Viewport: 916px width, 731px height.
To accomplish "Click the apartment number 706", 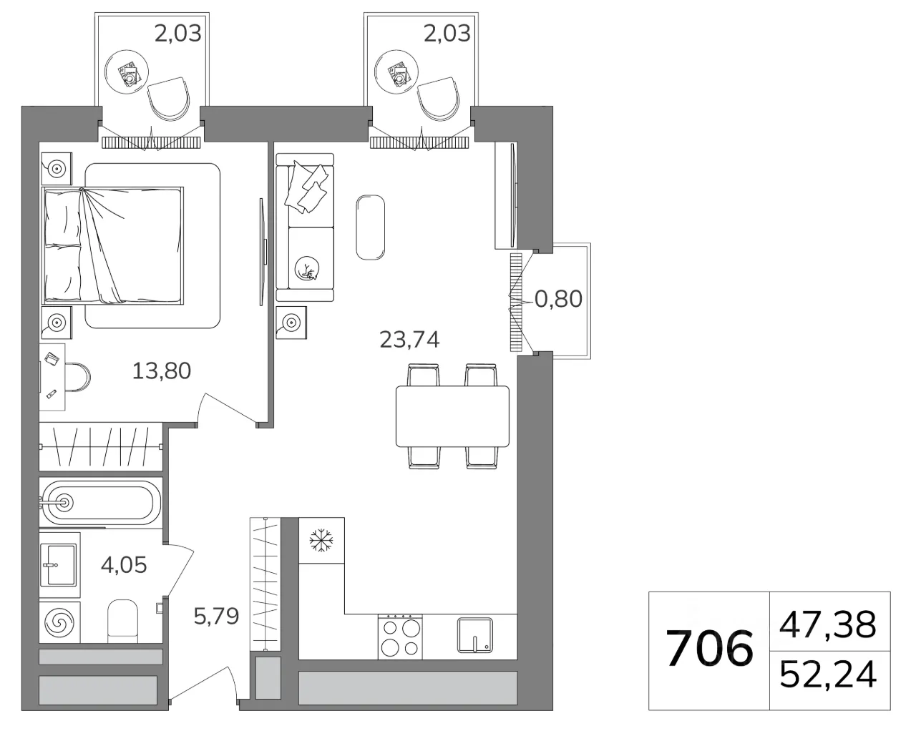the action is pos(709,649).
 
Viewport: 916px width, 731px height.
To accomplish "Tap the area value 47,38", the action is pos(828,624).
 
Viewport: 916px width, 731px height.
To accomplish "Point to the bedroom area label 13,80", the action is pos(162,371).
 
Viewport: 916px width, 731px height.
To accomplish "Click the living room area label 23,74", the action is pos(409,340).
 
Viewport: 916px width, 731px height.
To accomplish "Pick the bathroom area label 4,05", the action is pos(124,565).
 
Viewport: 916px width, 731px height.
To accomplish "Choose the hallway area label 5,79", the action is pos(216,616).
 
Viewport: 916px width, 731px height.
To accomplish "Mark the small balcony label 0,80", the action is pos(558,299).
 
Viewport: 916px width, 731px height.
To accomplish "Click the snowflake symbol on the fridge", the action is pos(321,540).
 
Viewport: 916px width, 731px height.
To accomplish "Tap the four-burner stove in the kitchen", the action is pos(400,637).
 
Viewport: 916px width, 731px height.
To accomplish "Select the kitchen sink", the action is pos(475,635).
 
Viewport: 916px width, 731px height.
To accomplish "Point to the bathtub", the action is pos(100,503).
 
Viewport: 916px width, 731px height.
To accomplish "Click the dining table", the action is pos(452,416).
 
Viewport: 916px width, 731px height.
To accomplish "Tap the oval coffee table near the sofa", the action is pos(370,227).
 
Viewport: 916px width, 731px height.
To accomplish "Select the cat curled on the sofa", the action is pos(307,268).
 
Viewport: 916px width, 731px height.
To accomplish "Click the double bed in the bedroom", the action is pos(113,245).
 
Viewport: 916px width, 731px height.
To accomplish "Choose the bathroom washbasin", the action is pos(60,565).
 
